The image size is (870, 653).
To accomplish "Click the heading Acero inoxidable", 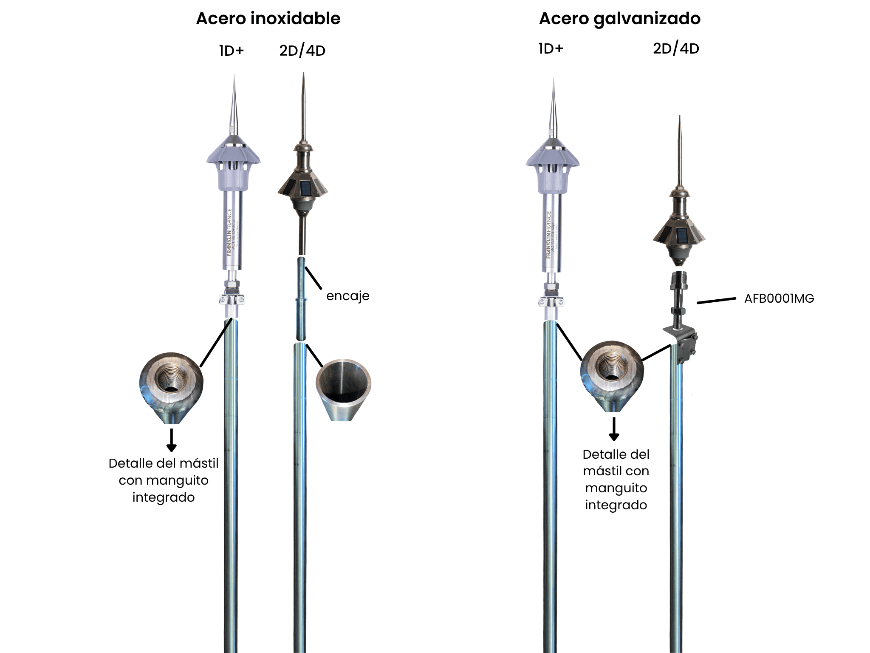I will click(268, 19).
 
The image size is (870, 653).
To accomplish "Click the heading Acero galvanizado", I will click(619, 19).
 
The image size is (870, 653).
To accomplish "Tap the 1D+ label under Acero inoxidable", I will click(232, 51).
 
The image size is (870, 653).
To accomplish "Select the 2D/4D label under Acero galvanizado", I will click(676, 49).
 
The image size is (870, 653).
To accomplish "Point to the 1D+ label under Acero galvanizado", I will click(551, 49).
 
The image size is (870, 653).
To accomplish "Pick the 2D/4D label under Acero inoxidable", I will click(302, 51).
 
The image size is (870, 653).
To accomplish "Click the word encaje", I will click(347, 296).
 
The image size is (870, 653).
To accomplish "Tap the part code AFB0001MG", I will click(779, 298).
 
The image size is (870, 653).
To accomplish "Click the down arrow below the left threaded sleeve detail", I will click(171, 440).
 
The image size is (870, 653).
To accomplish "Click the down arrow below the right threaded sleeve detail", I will click(614, 429).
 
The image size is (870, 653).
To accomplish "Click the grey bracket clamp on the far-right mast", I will click(684, 344).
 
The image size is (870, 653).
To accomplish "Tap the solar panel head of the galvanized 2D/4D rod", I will click(679, 234).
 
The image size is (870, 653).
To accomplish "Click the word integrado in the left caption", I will click(164, 497).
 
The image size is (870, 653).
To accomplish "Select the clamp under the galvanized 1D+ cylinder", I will click(551, 301).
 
